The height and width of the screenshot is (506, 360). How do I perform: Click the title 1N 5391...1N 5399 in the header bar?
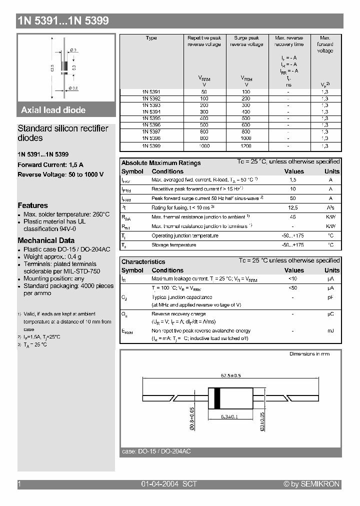pyautogui.click(x=63, y=21)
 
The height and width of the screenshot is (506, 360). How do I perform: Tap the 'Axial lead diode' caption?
pyautogui.click(x=53, y=110)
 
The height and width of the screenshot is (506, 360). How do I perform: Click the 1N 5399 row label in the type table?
pyautogui.click(x=151, y=145)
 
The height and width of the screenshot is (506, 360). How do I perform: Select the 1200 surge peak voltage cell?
pyautogui.click(x=246, y=145)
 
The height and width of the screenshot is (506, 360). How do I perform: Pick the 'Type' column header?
pyautogui.click(x=151, y=38)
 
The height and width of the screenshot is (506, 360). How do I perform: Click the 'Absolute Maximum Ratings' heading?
pyautogui.click(x=161, y=162)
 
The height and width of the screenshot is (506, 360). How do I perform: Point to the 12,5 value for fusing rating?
pyautogui.click(x=293, y=207)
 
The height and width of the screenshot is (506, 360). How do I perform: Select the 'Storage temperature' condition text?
pyautogui.click(x=173, y=245)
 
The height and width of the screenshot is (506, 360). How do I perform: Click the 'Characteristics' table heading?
pyautogui.click(x=143, y=261)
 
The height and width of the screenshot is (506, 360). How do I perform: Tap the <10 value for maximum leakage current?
pyautogui.click(x=293, y=278)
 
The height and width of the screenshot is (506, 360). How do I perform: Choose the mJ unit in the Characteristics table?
pyautogui.click(x=331, y=330)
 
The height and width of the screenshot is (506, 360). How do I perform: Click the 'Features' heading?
pyautogui.click(x=33, y=205)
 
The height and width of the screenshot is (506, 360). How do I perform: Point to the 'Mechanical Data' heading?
pyautogui.click(x=46, y=240)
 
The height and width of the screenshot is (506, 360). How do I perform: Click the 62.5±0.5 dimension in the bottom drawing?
pyautogui.click(x=230, y=375)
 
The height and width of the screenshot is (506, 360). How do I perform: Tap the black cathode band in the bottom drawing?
pyautogui.click(x=217, y=398)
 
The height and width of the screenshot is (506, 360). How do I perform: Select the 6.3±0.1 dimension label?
pyautogui.click(x=230, y=416)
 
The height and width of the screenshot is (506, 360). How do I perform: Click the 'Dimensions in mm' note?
pyautogui.click(x=309, y=354)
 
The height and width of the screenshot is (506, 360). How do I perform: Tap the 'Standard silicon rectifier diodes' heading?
pyautogui.click(x=63, y=133)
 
